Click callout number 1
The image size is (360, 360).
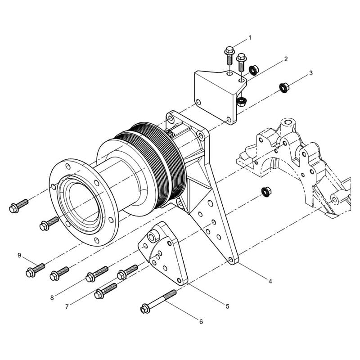tap(250, 38)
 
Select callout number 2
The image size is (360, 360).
tap(286, 59)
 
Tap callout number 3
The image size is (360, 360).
tap(311, 73)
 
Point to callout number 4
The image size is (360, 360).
tap(270, 281)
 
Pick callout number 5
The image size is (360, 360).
tap(228, 306)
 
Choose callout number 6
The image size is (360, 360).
tap(201, 322)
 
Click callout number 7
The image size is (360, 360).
tap(67, 307)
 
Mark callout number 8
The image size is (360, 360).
tap(52, 298)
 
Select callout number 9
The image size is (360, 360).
tap(19, 255)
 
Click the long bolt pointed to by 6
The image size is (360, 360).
tap(158, 301)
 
